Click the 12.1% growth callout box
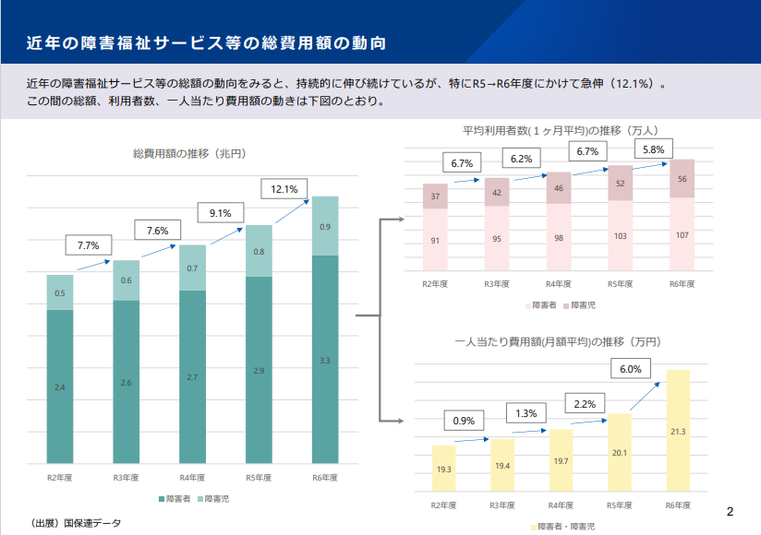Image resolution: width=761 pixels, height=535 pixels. pyautogui.click(x=284, y=189)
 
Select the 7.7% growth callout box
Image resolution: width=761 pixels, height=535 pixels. pyautogui.click(x=89, y=246)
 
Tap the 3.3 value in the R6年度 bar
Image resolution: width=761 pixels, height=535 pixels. pyautogui.click(x=325, y=360)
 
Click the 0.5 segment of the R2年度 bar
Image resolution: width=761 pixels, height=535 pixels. pyautogui.click(x=60, y=293)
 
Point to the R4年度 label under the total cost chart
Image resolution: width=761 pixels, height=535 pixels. pyautogui.click(x=192, y=478)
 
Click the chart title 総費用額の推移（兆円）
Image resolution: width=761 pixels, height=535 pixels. pyautogui.click(x=188, y=154)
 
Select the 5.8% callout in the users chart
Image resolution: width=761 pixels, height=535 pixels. pyautogui.click(x=652, y=149)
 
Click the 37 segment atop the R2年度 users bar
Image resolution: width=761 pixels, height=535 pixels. pyautogui.click(x=436, y=196)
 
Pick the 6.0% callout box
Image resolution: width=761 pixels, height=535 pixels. pyautogui.click(x=630, y=368)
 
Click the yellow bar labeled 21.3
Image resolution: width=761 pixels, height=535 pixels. pyautogui.click(x=678, y=431)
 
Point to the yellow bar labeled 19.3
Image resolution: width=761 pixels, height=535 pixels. pyautogui.click(x=444, y=470)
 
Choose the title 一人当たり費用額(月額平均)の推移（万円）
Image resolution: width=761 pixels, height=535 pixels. pyautogui.click(x=560, y=341)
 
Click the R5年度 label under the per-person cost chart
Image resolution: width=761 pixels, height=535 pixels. pyautogui.click(x=621, y=505)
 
